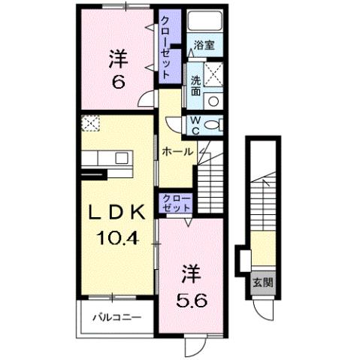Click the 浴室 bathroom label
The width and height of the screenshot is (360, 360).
coord(204,45)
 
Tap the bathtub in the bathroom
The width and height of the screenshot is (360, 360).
coord(204,23)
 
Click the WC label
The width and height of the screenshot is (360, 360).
coord(194,125)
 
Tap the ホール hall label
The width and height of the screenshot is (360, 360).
coord(177,152)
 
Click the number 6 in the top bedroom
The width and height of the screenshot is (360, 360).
coord(117,81)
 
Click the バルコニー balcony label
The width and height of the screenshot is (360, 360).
coord(116,317)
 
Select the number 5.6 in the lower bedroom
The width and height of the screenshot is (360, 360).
coord(190,299)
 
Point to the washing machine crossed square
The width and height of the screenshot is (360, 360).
coord(213,75)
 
